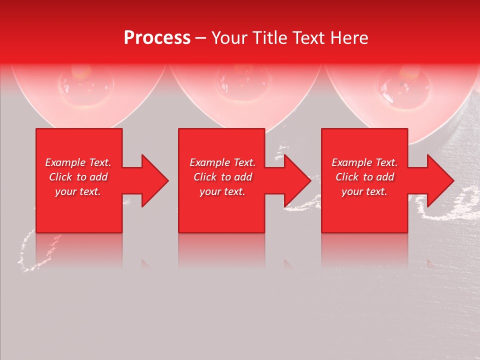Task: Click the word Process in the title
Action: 157,38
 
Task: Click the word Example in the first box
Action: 65,162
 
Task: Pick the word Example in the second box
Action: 209,162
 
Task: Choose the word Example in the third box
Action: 351,162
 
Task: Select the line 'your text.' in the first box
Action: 78,191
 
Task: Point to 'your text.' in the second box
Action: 222,191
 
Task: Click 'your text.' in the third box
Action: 364,191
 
